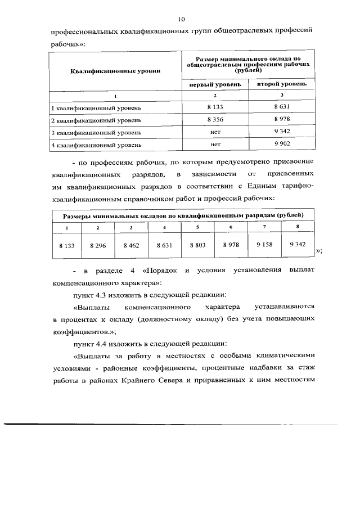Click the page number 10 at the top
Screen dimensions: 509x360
tap(181, 19)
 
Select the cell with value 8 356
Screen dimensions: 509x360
tap(215, 120)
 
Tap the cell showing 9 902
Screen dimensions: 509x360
tap(281, 145)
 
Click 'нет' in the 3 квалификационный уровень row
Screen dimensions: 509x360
tap(215, 132)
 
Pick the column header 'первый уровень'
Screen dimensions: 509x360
tap(216, 84)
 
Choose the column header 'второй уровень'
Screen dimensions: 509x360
tap(282, 84)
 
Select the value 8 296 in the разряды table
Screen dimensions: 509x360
tap(98, 246)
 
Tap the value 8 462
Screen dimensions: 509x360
tap(131, 246)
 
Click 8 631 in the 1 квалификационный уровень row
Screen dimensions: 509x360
tap(281, 107)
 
